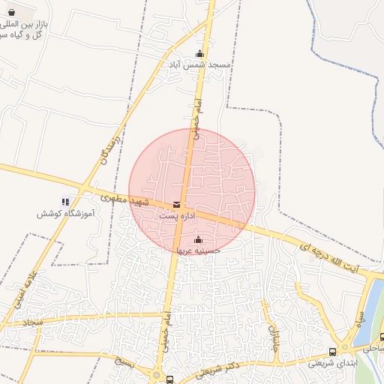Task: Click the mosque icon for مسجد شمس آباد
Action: tap(199, 53)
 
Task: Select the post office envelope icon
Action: tap(177, 205)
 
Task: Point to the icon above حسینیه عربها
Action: tap(198, 240)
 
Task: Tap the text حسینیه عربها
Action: tap(197, 251)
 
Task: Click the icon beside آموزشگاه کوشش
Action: tap(65, 201)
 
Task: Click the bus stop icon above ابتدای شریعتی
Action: tap(332, 352)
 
